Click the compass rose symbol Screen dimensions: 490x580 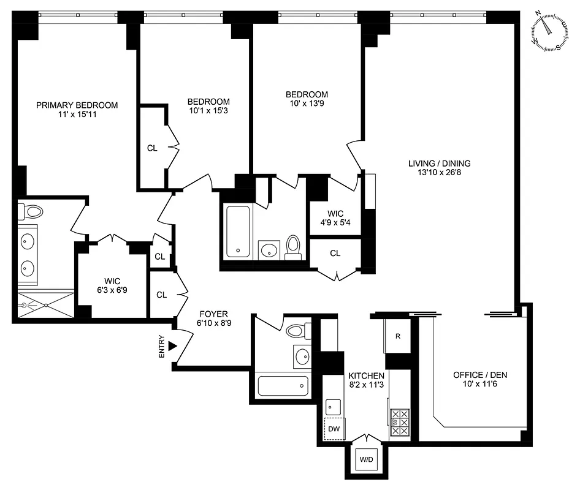550,34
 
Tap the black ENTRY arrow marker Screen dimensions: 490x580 173,346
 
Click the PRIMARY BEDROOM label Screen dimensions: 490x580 77,105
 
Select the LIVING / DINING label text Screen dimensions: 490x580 439,163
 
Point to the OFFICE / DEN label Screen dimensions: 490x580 480,375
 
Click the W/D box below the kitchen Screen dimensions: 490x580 366,459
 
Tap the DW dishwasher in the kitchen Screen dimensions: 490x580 334,429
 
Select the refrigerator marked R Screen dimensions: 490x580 397,336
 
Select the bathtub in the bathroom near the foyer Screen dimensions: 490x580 280,386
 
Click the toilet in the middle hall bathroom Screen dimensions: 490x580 294,245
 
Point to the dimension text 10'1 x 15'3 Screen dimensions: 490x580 208,111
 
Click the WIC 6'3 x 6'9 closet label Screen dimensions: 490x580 111,285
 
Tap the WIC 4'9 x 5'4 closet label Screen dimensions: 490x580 335,217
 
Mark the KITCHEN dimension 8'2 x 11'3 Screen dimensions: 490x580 366,385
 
